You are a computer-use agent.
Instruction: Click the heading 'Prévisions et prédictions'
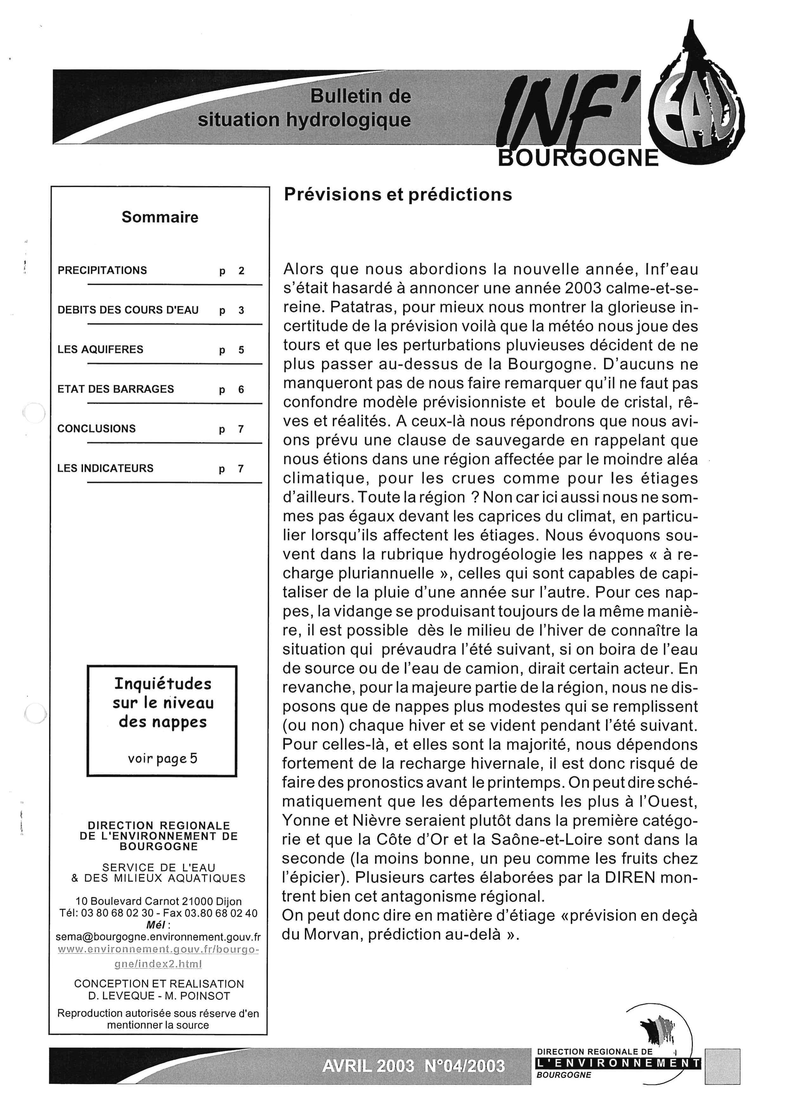(397, 195)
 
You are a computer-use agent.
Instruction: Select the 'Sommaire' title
(160, 217)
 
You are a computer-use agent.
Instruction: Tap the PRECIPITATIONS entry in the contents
(102, 270)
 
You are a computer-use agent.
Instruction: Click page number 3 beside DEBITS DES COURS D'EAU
(241, 310)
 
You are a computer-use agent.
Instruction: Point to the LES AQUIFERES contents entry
(100, 350)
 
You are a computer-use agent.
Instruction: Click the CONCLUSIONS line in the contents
(96, 429)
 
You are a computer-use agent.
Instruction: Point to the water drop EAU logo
(697, 107)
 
